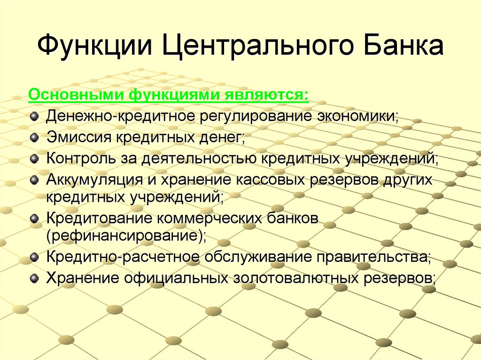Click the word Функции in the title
(95, 46)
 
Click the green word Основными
(77, 94)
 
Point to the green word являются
(266, 95)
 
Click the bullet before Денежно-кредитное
(34, 116)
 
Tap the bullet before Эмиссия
(34, 138)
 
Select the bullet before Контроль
(34, 159)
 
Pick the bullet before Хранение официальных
(34, 278)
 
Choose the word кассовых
(270, 180)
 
